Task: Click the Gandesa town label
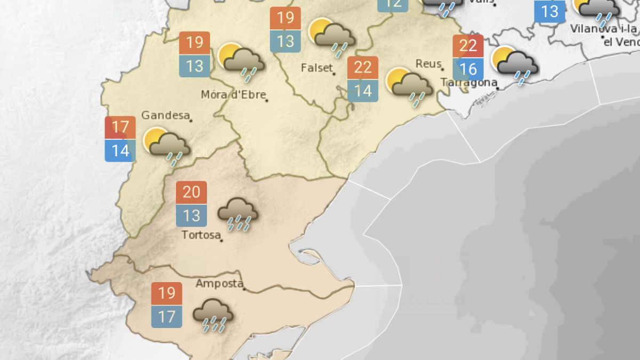point(165,115)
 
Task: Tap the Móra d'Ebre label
point(233,95)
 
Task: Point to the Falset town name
point(317,68)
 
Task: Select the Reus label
point(428,64)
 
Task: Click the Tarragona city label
point(469,82)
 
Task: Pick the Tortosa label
point(201,235)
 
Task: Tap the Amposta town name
point(219,284)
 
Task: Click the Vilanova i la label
point(603,29)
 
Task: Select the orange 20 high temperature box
point(191,192)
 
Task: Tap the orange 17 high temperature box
point(121,127)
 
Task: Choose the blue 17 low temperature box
point(166,317)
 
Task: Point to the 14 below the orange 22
point(363,91)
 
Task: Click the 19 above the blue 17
point(166,293)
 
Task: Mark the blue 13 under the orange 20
point(191,215)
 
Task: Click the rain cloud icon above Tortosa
point(238,213)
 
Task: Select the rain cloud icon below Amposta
point(212,315)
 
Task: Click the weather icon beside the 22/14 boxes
point(410,85)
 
